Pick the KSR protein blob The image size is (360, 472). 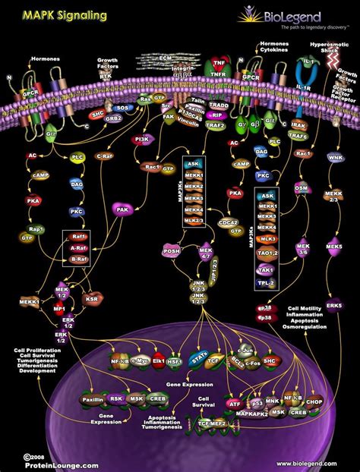click(93, 300)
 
